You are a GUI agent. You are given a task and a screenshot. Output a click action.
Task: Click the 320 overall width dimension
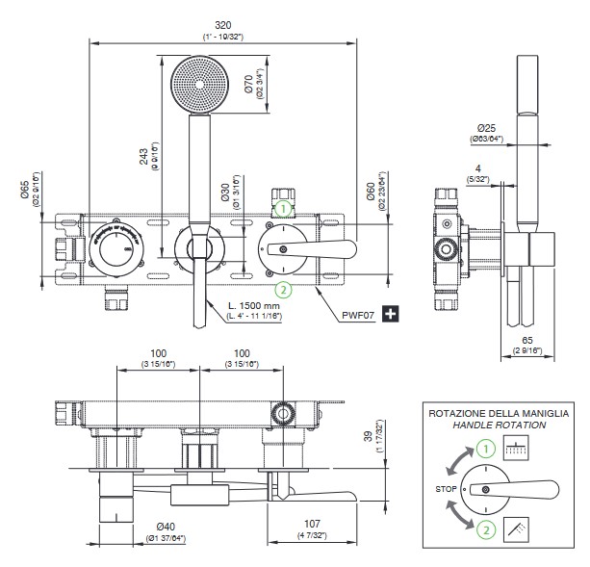pos(222,24)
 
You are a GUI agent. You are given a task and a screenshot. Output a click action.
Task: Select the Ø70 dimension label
pos(248,88)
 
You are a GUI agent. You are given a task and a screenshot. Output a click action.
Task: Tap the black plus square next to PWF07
pos(392,314)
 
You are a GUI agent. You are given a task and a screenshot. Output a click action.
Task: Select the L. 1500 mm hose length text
pos(255,305)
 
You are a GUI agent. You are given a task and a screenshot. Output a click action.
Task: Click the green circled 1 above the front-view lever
pos(283,206)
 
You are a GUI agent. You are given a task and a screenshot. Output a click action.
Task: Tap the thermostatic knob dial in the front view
pos(115,246)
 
